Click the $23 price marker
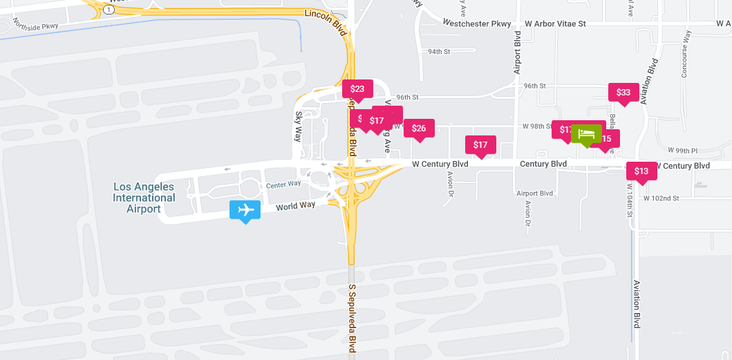tap(357, 88)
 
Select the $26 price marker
tap(419, 128)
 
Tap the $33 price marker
tap(623, 92)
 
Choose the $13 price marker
tap(641, 171)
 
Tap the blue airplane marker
tap(245, 209)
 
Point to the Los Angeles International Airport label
tap(144, 198)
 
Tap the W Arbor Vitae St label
tap(555, 23)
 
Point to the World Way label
tap(295, 205)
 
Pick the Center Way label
tap(283, 184)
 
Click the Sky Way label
tap(299, 126)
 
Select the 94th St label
tap(439, 52)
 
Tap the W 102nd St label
tap(661, 198)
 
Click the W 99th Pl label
tap(683, 150)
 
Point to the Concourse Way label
tap(686, 53)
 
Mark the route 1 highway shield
tap(109, 10)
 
